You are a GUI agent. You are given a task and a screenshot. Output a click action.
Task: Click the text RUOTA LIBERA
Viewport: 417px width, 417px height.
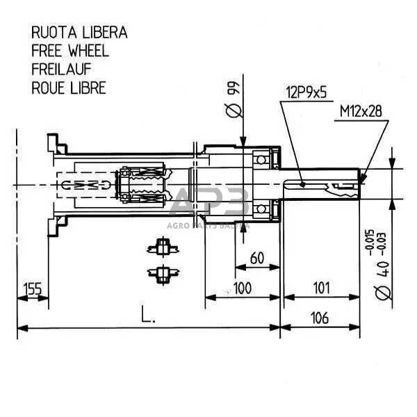[x=79, y=33]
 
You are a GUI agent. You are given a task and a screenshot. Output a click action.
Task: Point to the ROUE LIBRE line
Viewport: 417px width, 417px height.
[x=68, y=87]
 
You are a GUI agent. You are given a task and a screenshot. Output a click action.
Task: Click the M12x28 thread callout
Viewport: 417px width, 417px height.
[x=361, y=111]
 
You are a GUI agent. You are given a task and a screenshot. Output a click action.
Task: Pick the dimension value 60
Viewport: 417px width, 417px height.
[x=256, y=259]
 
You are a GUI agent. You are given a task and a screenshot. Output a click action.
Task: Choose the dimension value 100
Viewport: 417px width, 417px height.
[x=242, y=288]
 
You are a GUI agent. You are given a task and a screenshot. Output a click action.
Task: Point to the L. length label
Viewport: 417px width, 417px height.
[x=147, y=317]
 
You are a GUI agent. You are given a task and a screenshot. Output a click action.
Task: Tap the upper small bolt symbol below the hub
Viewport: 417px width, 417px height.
[x=162, y=246]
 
